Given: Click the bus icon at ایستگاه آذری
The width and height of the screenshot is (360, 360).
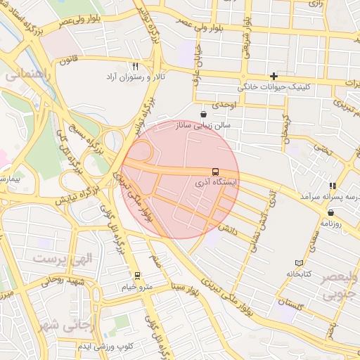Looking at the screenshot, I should coord(214,172).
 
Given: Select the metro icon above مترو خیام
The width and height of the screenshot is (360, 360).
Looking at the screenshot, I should coord(136,276).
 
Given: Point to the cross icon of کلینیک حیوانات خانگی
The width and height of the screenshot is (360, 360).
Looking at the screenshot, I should coord(274,76).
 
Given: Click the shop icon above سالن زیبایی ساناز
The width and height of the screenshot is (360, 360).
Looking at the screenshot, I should coord(203,114).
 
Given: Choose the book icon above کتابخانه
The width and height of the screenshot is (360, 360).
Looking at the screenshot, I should coord(299,263).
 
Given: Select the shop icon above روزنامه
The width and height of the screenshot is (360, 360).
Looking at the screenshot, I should coord(330,212).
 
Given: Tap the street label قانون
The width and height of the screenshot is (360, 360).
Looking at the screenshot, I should coord(67,60).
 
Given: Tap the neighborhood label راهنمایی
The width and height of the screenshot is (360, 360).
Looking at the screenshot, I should coord(25,74).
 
